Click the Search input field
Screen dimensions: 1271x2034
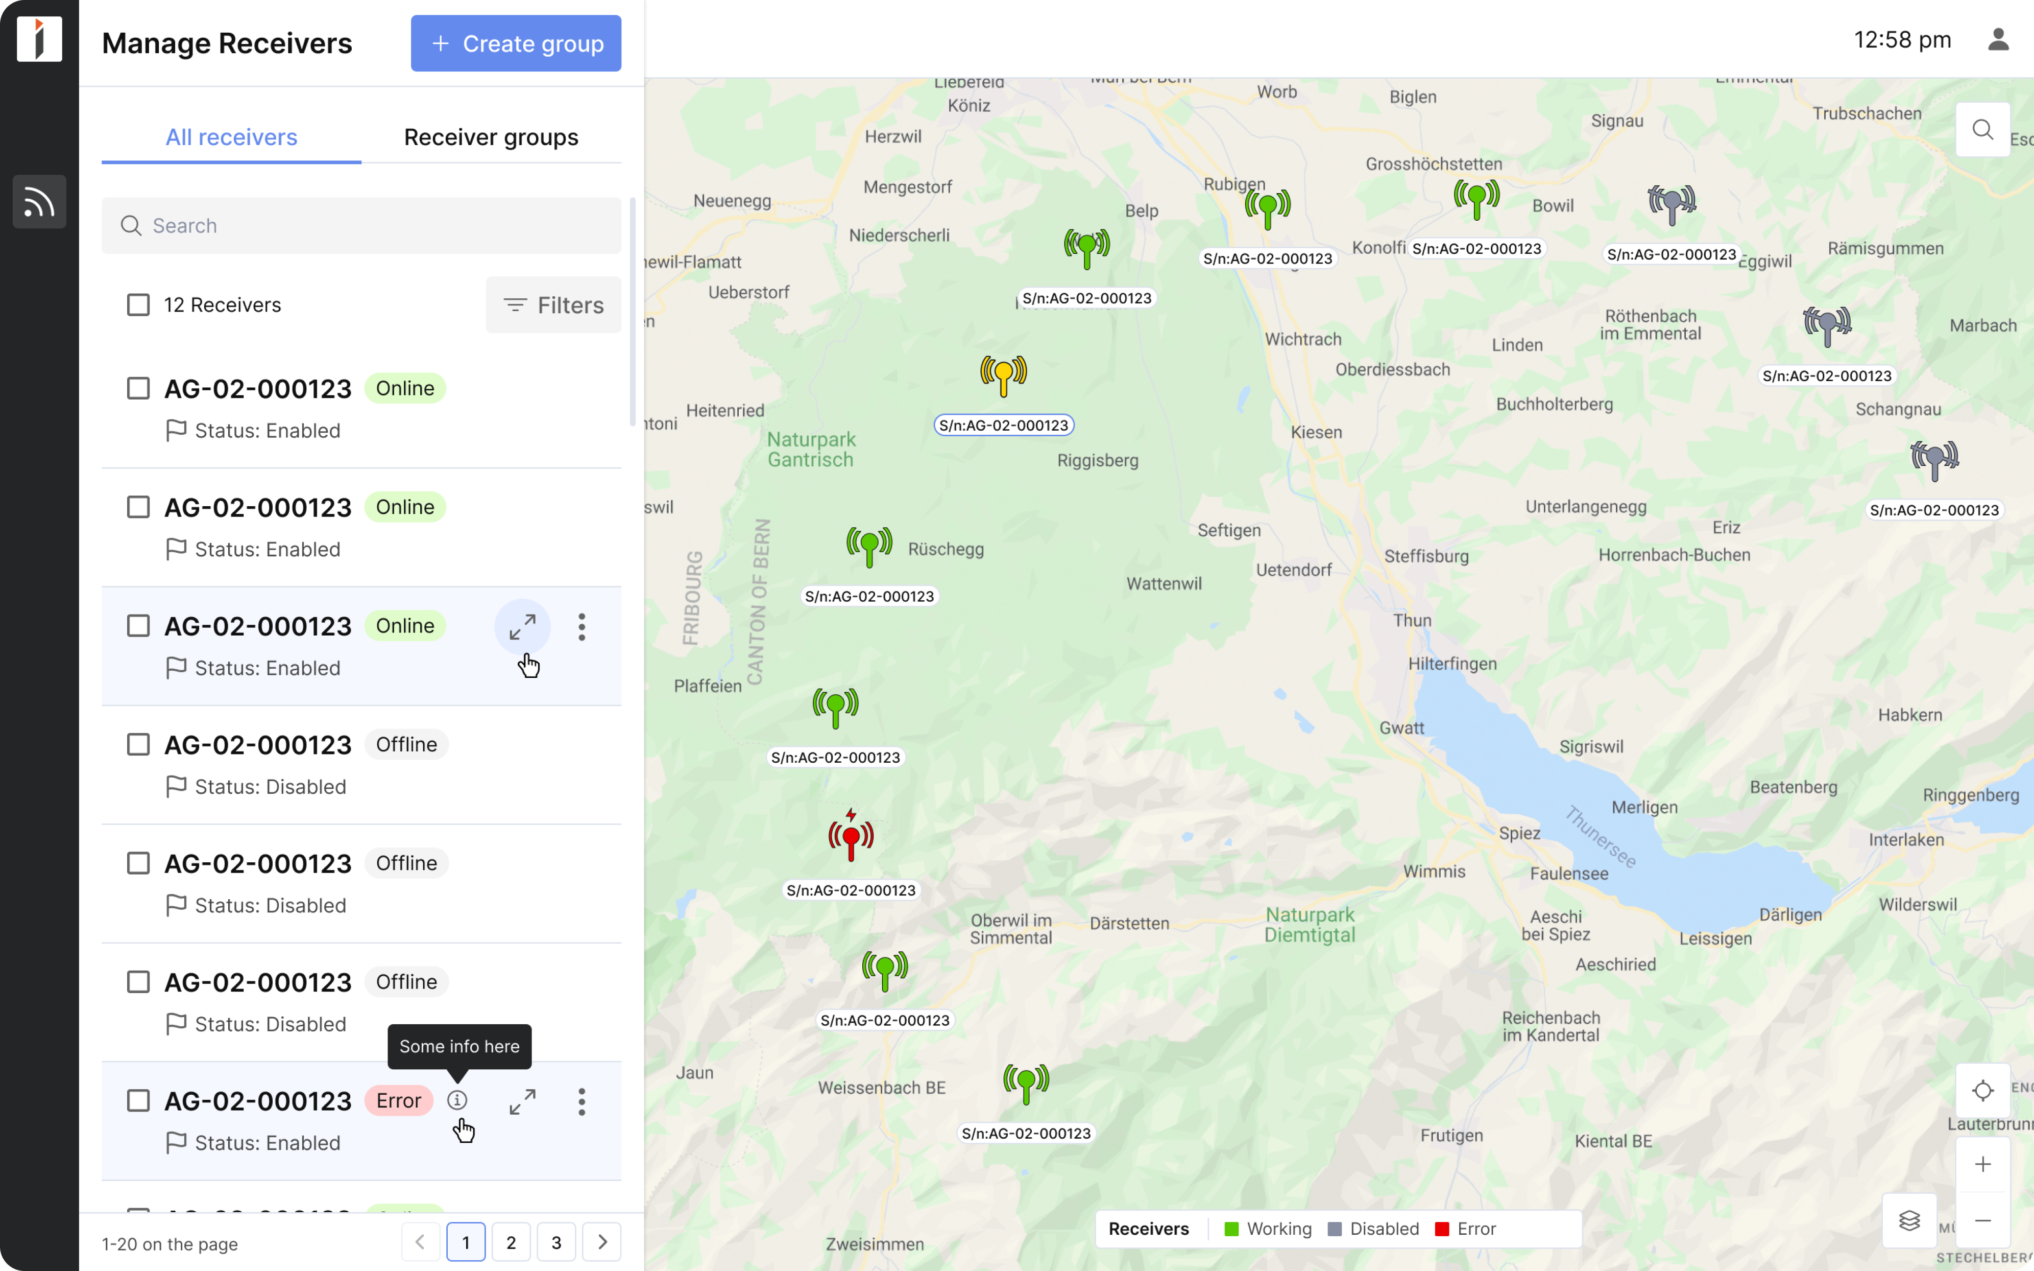pyautogui.click(x=361, y=225)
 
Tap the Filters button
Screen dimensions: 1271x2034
pyautogui.click(x=553, y=305)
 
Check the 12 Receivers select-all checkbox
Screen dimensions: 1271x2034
pyautogui.click(x=138, y=305)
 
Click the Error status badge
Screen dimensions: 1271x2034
pyautogui.click(x=398, y=1100)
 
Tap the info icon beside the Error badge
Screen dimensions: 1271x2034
pyautogui.click(x=457, y=1100)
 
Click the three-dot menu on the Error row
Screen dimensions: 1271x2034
pyautogui.click(x=582, y=1101)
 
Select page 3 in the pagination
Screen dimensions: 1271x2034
pyautogui.click(x=556, y=1242)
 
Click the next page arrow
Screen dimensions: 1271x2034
pyautogui.click(x=601, y=1242)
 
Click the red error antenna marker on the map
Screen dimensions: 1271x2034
pyautogui.click(x=851, y=838)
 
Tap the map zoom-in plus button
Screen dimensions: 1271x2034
pyautogui.click(x=1983, y=1164)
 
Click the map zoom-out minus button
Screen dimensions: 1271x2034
pyautogui.click(x=1983, y=1220)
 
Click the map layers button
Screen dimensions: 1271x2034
pyautogui.click(x=1909, y=1220)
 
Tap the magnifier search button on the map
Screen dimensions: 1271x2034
pyautogui.click(x=1983, y=129)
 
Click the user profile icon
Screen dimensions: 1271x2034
pyautogui.click(x=1998, y=39)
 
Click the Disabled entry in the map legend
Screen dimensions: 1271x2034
pyautogui.click(x=1374, y=1229)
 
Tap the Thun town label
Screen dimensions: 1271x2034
pyautogui.click(x=1412, y=620)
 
